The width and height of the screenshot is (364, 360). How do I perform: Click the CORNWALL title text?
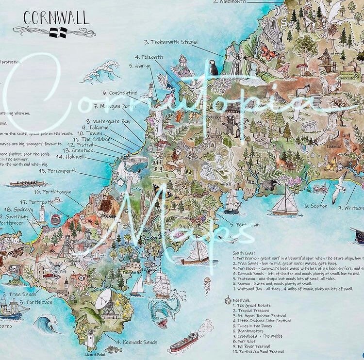tap(56, 18)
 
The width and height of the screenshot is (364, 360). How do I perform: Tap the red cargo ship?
tap(184, 341)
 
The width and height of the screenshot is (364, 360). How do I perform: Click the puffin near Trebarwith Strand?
tap(214, 67)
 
